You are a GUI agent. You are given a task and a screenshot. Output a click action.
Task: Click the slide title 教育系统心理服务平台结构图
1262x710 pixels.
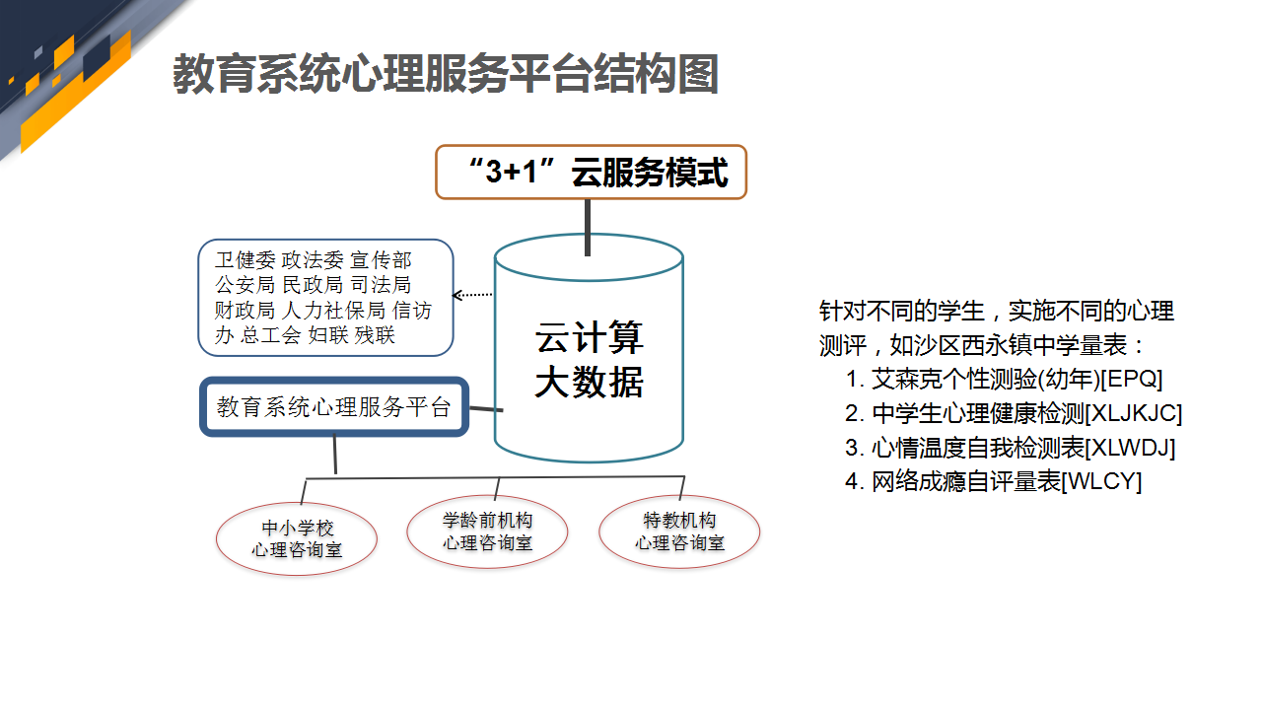point(445,74)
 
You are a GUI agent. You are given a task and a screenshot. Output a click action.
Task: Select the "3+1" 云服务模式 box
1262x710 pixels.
point(591,172)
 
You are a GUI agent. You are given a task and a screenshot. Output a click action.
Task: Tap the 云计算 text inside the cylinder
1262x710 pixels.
point(590,337)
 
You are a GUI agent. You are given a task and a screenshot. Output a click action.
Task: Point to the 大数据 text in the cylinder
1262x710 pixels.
point(590,382)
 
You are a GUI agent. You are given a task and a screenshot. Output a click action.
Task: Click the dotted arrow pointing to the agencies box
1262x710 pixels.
point(472,294)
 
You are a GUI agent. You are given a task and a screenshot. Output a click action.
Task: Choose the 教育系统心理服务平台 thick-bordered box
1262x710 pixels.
point(334,407)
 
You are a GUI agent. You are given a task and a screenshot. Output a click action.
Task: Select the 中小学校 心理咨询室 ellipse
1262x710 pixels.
point(297,538)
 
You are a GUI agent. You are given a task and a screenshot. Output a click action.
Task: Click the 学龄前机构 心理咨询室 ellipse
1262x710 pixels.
point(487,532)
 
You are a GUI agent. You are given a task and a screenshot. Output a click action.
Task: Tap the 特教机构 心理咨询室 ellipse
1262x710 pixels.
point(679,532)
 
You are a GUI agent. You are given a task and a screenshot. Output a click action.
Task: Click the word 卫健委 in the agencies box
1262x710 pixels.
point(245,259)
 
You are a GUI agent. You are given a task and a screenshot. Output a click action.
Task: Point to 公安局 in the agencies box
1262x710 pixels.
point(245,285)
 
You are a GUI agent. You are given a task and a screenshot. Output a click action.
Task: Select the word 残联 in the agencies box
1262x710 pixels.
point(375,335)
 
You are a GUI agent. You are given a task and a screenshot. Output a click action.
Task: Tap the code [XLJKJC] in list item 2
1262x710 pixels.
point(1134,413)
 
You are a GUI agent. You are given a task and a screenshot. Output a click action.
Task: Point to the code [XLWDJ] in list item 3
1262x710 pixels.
point(1130,448)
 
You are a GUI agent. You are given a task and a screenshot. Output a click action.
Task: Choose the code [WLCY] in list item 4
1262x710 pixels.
point(1101,482)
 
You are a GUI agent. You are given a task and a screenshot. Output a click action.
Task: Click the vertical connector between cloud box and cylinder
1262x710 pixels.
point(588,228)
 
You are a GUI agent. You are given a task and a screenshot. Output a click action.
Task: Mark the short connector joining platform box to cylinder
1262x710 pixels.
point(486,408)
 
